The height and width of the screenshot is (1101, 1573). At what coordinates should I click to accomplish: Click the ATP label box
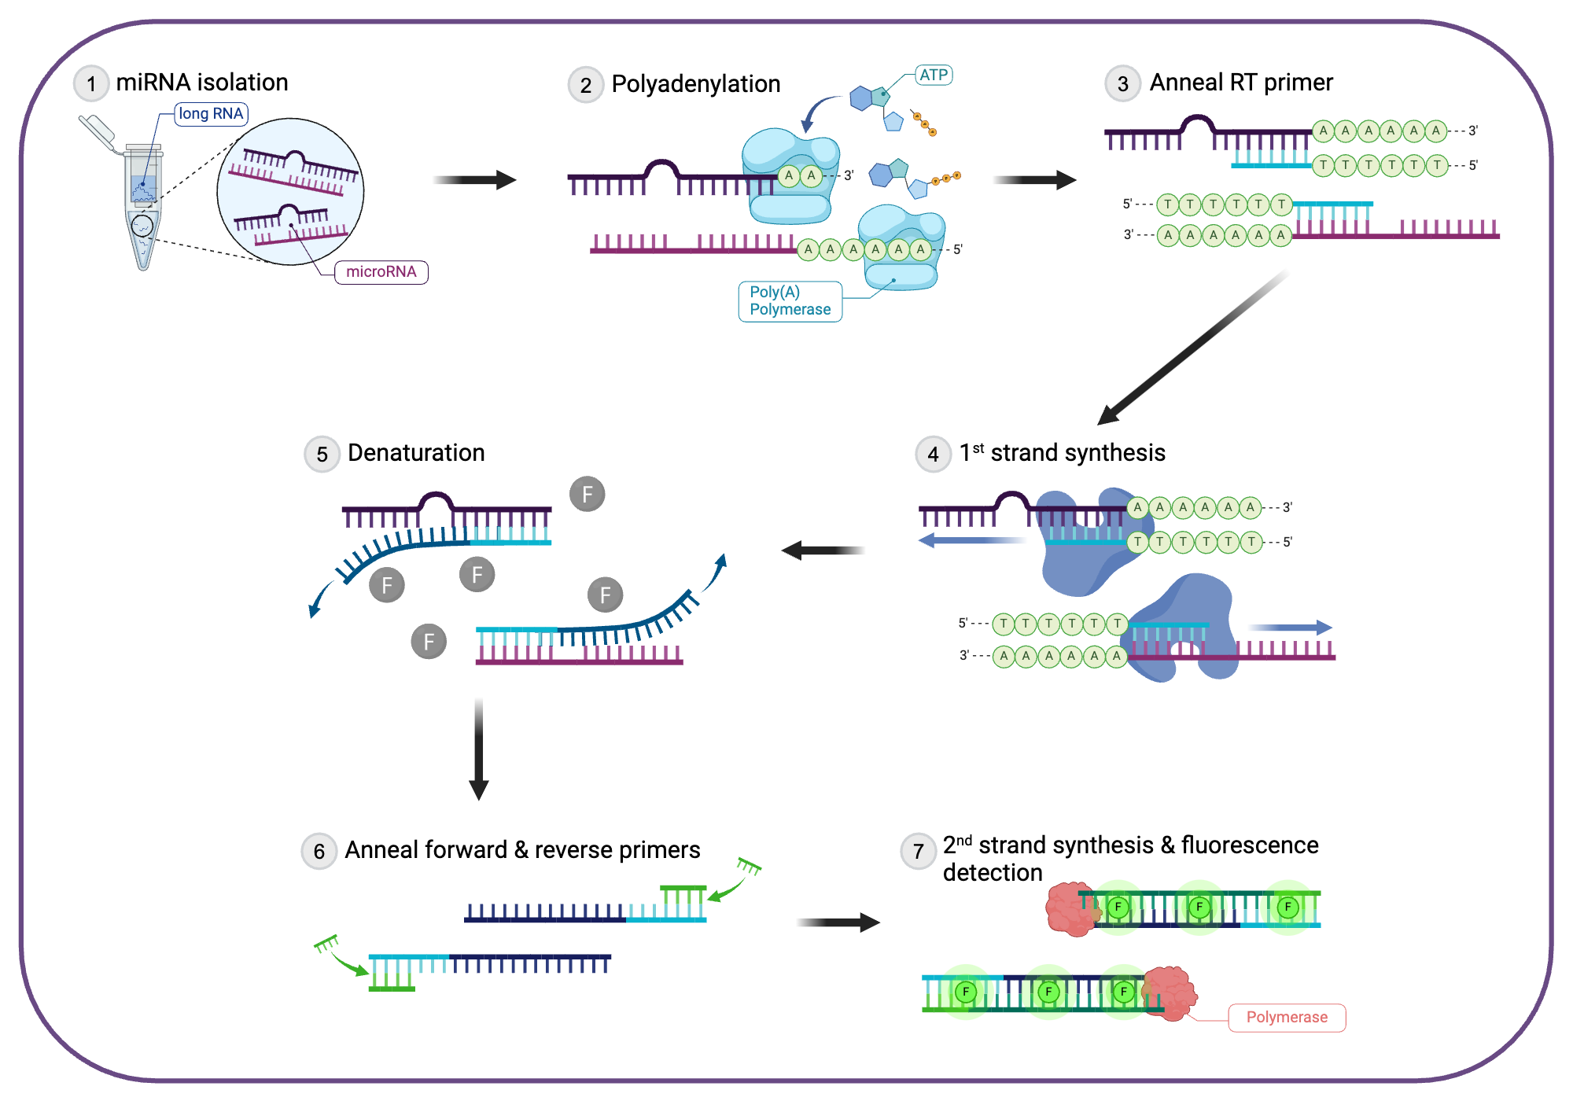[x=934, y=75]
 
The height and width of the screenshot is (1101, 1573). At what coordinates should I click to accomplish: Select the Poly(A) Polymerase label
[x=790, y=301]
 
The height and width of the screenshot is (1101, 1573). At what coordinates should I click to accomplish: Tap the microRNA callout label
[x=381, y=272]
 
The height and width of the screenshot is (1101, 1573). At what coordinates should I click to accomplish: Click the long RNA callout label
[x=211, y=114]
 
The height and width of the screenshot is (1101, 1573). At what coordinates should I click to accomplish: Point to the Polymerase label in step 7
[x=1287, y=1018]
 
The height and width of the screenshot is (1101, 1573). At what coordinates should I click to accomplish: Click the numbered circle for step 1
[x=91, y=83]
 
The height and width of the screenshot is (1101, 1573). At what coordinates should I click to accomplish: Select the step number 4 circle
[x=933, y=455]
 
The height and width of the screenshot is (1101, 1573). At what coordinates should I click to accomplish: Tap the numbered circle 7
[x=918, y=852]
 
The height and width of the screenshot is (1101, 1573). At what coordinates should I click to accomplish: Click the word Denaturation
[x=416, y=453]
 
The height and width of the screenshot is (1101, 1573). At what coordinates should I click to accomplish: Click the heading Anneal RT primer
[x=1241, y=83]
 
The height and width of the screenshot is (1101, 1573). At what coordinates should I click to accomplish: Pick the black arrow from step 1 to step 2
[x=475, y=180]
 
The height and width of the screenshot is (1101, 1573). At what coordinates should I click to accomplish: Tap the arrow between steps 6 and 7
[x=838, y=922]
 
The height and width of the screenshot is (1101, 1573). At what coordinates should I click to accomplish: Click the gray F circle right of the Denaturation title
[x=587, y=495]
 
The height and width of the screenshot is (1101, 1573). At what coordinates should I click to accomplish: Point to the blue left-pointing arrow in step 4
[x=971, y=540]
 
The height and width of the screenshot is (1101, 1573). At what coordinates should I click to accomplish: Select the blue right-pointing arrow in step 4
[x=1290, y=628]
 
